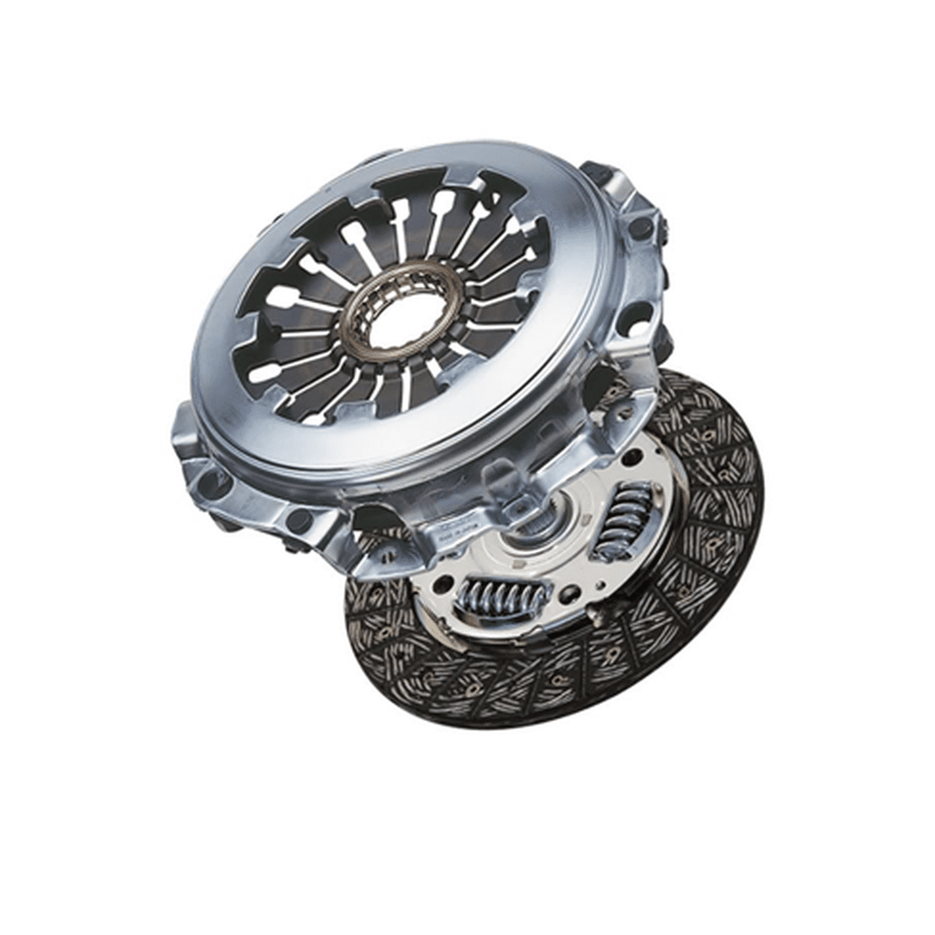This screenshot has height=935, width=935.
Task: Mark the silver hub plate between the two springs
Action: click(x=545, y=569)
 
